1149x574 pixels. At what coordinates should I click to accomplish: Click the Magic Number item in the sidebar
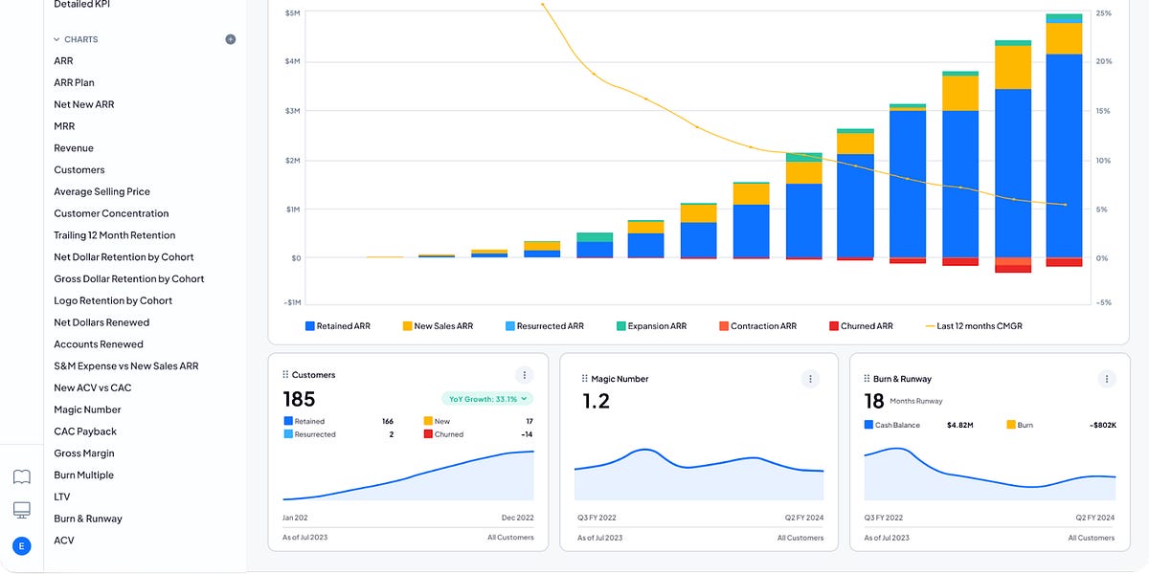[87, 409]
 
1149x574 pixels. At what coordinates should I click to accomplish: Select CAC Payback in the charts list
[85, 431]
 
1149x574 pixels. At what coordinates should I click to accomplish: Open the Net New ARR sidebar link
[83, 104]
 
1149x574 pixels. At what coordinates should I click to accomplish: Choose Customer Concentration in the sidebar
[111, 213]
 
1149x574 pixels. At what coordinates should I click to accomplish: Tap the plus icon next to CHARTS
[230, 39]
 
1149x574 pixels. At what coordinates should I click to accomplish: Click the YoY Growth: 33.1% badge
[487, 399]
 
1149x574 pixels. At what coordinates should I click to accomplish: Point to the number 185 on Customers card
[299, 400]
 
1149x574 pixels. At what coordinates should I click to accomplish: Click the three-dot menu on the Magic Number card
[810, 379]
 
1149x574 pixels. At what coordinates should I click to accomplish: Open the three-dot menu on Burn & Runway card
[1106, 379]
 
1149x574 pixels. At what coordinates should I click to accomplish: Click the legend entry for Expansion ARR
[651, 326]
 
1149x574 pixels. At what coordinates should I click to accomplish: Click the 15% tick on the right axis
[1103, 111]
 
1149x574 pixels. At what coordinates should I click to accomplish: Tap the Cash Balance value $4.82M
[960, 425]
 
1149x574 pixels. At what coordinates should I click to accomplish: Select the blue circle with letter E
[21, 545]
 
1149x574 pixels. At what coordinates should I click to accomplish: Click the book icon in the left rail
[21, 476]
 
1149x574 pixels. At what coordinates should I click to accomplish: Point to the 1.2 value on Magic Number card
[596, 402]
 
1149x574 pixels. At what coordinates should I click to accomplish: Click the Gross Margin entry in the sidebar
[84, 453]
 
